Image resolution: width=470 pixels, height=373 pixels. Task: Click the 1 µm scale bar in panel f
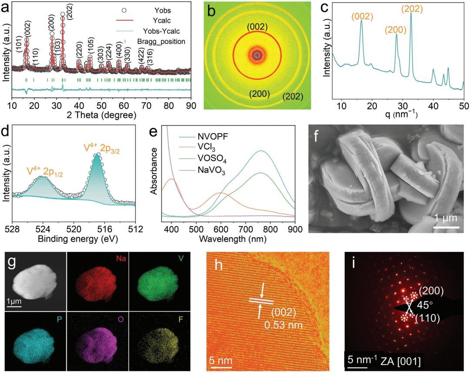(x=445, y=226)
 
